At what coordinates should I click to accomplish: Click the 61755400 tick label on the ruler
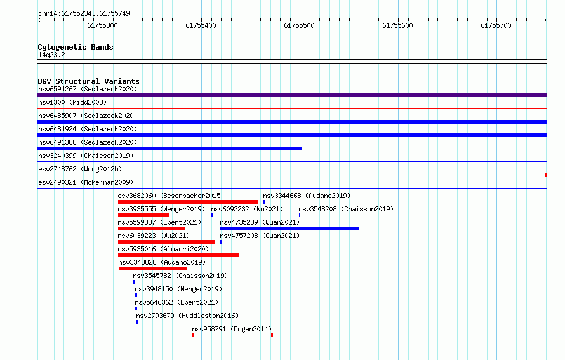(201, 25)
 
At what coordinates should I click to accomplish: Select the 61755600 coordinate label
(397, 25)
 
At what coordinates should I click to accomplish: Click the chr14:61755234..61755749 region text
(84, 14)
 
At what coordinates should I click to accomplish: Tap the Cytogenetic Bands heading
(76, 47)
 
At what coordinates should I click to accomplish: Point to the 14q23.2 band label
(51, 55)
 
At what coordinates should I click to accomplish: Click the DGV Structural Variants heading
(89, 81)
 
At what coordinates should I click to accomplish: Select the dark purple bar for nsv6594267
(292, 95)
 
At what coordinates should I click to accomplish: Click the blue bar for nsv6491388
(169, 149)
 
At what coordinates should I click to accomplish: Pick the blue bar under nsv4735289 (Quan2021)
(289, 229)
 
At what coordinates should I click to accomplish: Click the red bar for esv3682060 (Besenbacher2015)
(188, 202)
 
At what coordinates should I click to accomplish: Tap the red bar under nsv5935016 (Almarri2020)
(178, 255)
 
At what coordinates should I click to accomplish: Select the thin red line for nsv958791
(232, 335)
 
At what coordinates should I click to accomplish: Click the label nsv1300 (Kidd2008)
(72, 102)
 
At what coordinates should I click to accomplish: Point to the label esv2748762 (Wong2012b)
(80, 169)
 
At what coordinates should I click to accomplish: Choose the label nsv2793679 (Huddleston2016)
(187, 316)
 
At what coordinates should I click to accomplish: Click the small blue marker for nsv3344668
(264, 202)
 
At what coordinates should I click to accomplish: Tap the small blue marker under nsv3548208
(300, 215)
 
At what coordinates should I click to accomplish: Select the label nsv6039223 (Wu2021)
(154, 236)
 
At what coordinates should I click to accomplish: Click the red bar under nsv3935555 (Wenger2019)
(143, 215)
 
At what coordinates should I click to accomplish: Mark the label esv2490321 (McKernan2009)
(86, 182)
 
